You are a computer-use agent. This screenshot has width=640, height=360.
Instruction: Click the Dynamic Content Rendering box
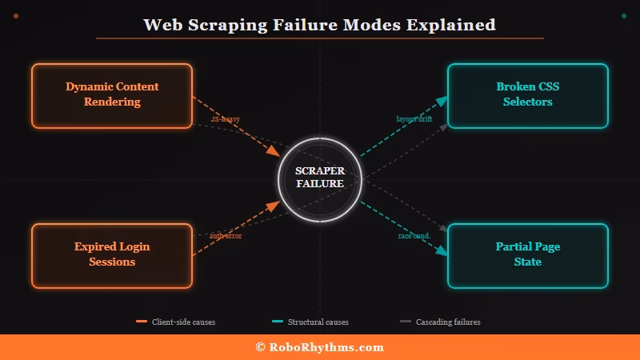coord(112,95)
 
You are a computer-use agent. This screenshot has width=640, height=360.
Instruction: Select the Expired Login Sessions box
coord(112,255)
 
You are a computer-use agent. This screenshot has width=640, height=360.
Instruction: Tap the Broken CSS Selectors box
coord(528,95)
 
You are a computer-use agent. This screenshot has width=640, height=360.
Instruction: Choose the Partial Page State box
coord(528,255)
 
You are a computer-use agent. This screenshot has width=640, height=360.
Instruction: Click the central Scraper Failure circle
coord(320,178)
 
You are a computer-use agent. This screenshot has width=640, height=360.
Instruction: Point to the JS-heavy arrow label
coord(226,118)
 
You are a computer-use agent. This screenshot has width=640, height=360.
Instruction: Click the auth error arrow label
coord(226,236)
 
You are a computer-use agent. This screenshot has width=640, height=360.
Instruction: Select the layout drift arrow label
coord(414,118)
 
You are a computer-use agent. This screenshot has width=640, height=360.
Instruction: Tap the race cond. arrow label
coord(414,236)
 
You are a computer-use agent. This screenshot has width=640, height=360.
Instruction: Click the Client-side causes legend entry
coord(183,322)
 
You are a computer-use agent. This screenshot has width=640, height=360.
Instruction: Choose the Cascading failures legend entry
coord(447,322)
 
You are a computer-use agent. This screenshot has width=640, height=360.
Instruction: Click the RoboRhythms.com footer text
coord(326,347)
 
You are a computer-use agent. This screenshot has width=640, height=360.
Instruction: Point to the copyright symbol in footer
coord(261,347)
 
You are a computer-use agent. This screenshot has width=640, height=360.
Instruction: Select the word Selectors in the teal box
coord(528,102)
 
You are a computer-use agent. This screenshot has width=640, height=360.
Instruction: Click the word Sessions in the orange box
coord(112,262)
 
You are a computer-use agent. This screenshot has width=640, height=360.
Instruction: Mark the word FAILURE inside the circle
coord(320,184)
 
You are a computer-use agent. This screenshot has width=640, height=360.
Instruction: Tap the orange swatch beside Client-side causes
coord(142,322)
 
